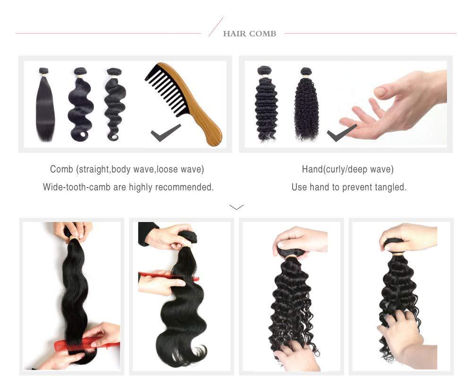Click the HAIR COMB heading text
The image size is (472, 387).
click(x=249, y=33)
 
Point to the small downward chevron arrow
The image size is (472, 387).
click(x=236, y=206)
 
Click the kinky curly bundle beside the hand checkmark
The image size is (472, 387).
click(x=306, y=106)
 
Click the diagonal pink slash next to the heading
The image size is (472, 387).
click(x=216, y=26)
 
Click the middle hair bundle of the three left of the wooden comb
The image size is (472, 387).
click(x=80, y=106)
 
